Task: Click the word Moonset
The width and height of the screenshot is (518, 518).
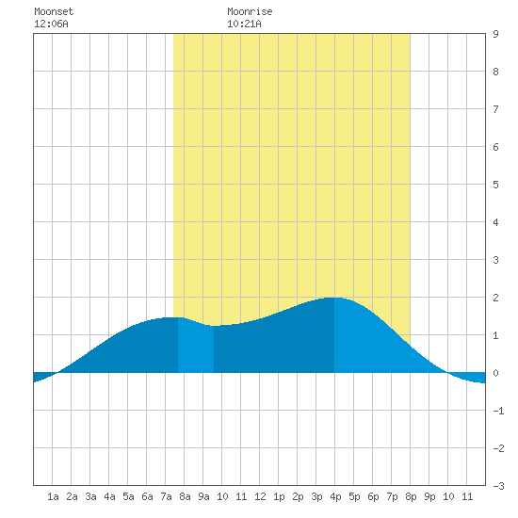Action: pos(54,11)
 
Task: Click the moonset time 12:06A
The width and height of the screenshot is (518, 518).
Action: pos(51,24)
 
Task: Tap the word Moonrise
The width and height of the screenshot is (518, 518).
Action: pos(250,11)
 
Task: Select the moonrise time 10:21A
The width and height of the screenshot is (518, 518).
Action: pos(244,24)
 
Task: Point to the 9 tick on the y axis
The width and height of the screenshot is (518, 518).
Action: pos(495,34)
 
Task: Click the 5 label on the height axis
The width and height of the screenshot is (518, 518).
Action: pos(495,185)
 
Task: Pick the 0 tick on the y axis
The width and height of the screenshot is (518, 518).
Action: pos(495,373)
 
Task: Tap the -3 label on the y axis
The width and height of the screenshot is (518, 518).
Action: pos(498,486)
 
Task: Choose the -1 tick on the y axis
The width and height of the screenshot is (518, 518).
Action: pos(498,411)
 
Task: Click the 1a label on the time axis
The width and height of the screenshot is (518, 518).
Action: pos(53,496)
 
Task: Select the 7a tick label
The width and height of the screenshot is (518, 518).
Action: pos(166,496)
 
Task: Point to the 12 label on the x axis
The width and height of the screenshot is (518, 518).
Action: pos(260,496)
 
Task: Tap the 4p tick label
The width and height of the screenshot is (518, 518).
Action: pos(335,496)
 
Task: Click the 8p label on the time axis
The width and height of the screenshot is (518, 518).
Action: pos(411,496)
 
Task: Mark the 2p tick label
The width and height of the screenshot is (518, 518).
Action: pos(298,496)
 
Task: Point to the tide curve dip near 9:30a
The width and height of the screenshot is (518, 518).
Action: pos(214,326)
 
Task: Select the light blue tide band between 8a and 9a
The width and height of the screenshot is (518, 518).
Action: pos(196,348)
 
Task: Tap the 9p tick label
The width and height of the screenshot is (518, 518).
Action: pos(429,496)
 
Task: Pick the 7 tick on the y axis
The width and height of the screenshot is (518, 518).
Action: pos(495,109)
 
